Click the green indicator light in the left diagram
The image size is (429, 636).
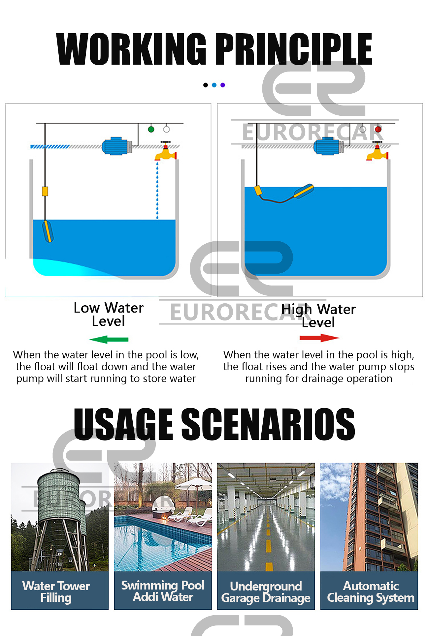[151, 129]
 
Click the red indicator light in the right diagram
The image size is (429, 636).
[378, 129]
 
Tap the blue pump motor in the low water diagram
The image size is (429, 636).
[115, 146]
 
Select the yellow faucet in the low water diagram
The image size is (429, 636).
[166, 153]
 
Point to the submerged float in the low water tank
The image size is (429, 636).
[48, 231]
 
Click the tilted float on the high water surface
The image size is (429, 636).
[304, 191]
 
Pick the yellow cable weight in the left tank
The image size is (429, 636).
[45, 191]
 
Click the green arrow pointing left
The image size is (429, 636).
[109, 339]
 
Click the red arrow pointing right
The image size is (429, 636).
[319, 338]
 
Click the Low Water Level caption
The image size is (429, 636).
[109, 314]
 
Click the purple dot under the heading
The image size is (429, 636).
[223, 85]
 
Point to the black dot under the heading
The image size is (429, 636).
[206, 85]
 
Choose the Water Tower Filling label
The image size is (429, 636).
[56, 591]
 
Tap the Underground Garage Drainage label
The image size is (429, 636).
[266, 592]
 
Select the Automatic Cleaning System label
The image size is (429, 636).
[371, 591]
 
